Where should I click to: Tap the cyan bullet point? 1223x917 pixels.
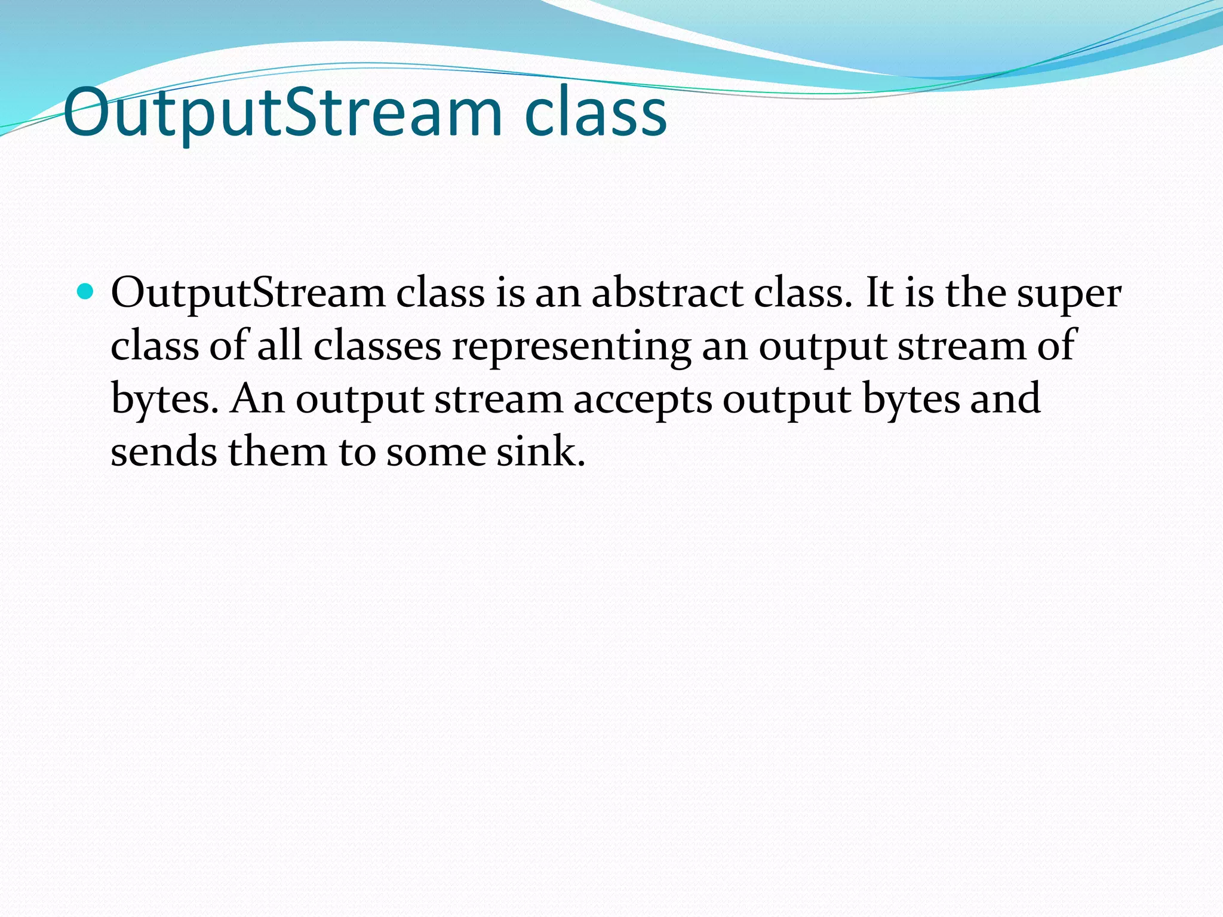[86, 292]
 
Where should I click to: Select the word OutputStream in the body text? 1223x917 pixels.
[248, 294]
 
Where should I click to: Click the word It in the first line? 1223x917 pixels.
[878, 294]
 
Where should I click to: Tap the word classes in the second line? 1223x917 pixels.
[377, 346]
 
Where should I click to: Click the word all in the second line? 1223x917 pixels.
[279, 346]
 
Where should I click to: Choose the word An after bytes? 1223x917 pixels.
[257, 399]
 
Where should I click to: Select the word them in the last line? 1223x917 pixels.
[277, 452]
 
